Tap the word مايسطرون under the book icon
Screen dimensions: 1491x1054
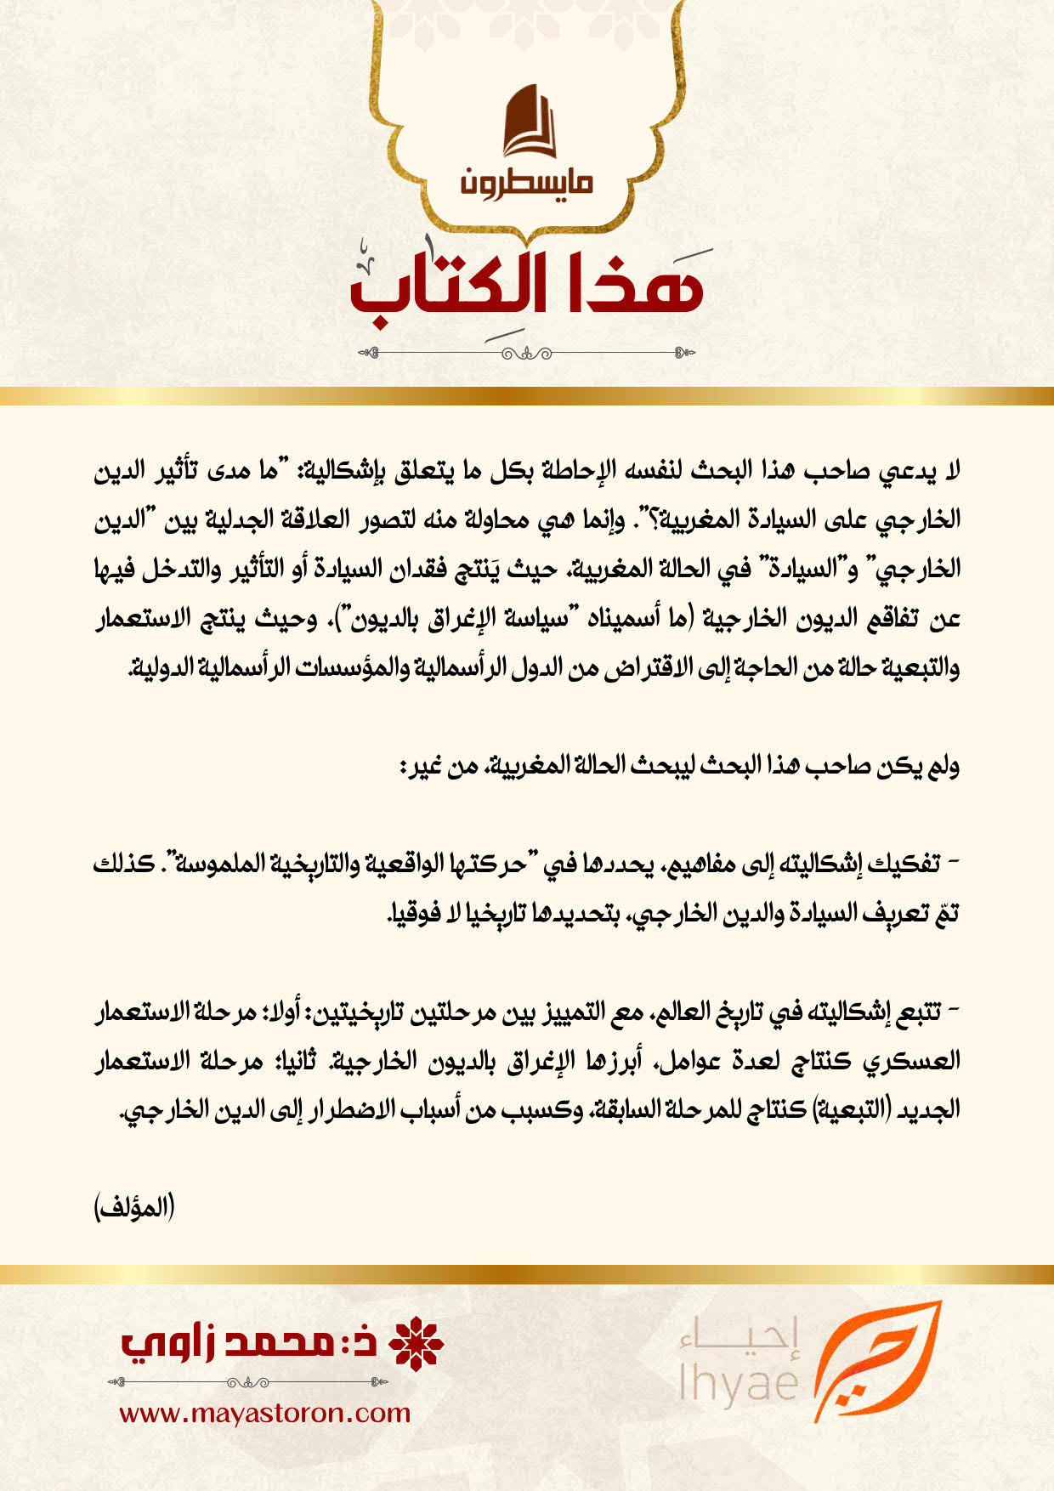click(528, 182)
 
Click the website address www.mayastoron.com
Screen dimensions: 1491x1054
click(264, 1413)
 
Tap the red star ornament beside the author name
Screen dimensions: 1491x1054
click(416, 1344)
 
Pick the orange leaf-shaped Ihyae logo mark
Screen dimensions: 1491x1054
click(875, 1361)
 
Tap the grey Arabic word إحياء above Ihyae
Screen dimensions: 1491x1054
click(740, 1339)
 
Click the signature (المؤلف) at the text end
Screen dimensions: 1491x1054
click(134, 1207)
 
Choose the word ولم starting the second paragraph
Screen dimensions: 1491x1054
click(943, 766)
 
